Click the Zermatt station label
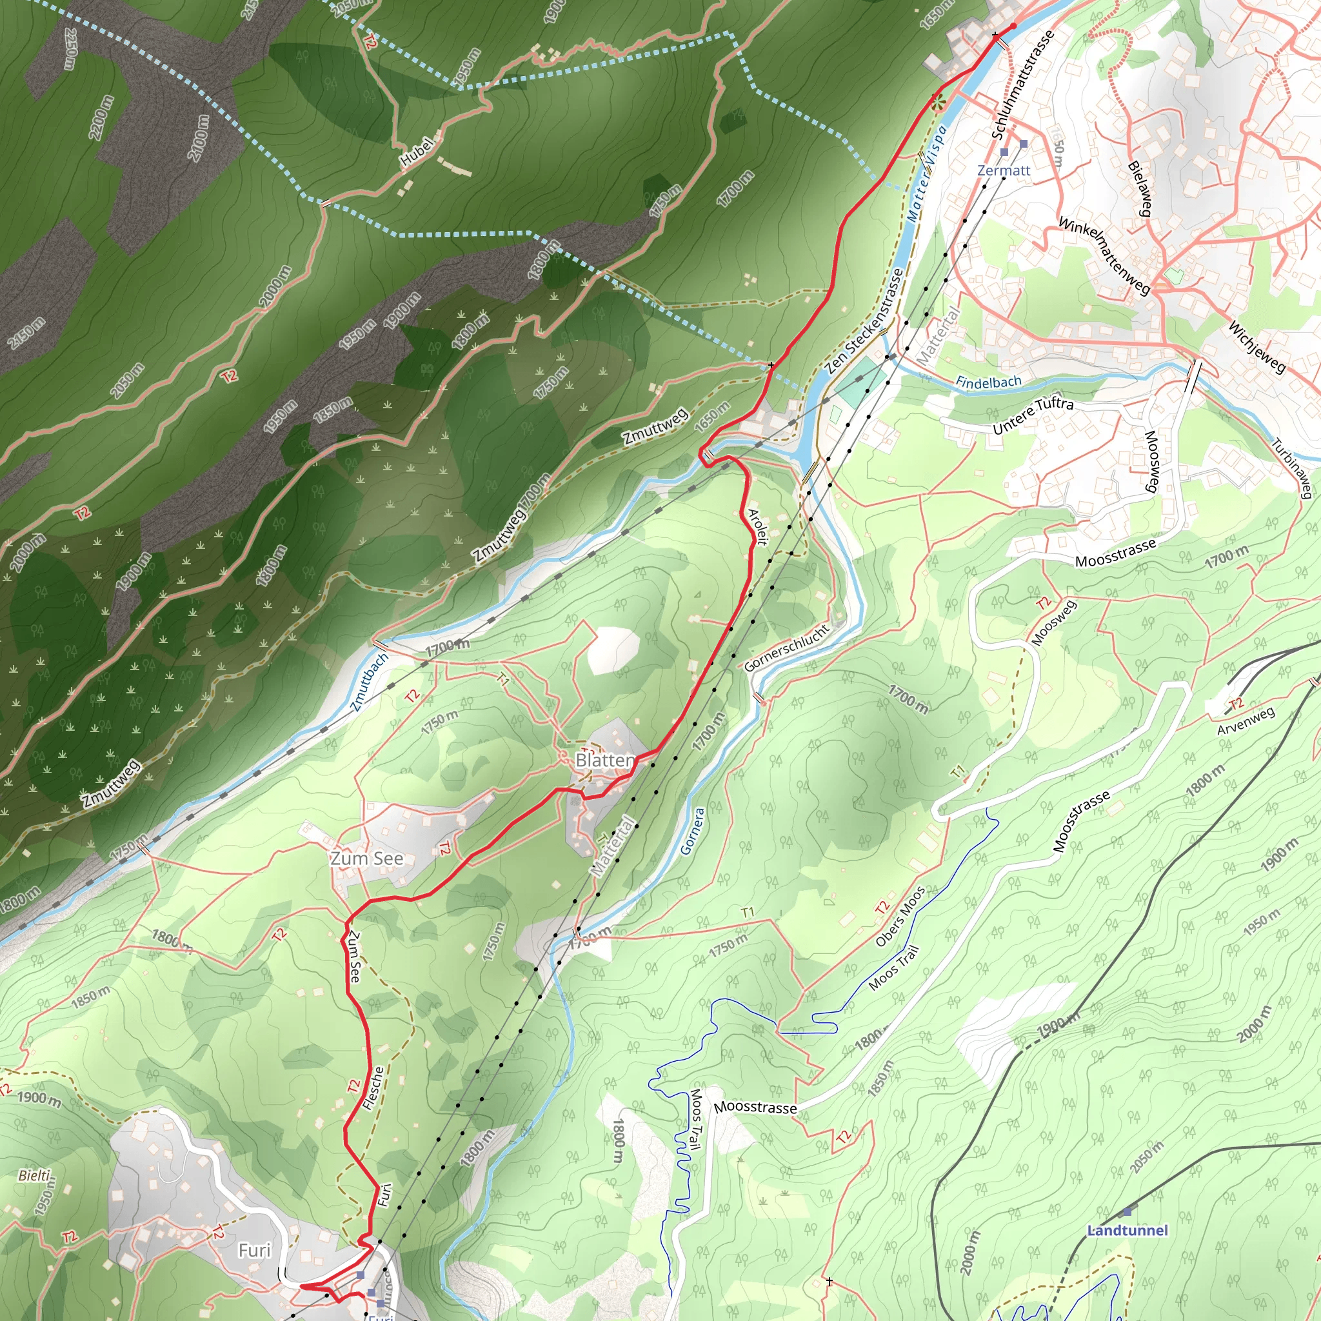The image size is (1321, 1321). point(1003,170)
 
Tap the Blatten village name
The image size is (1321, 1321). point(604,760)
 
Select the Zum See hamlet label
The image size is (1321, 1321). point(366,858)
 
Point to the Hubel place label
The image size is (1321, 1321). point(417,152)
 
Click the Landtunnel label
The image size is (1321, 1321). point(1127,1230)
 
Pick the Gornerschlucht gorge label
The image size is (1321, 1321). point(786,648)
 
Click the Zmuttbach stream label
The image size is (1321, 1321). point(369,682)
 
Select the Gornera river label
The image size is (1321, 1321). point(692,831)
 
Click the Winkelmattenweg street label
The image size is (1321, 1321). point(1104,255)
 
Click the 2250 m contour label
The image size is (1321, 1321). point(70,49)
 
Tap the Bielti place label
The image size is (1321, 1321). point(35,1176)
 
